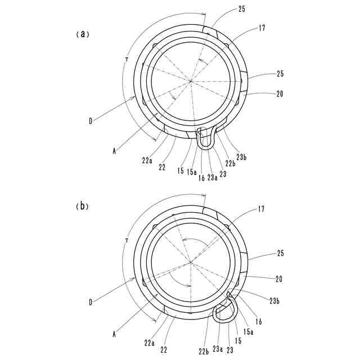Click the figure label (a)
[82, 34]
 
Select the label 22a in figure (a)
[147, 160]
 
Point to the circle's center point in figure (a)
[191, 82]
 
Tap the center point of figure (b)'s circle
[191, 262]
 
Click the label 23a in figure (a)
[212, 178]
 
